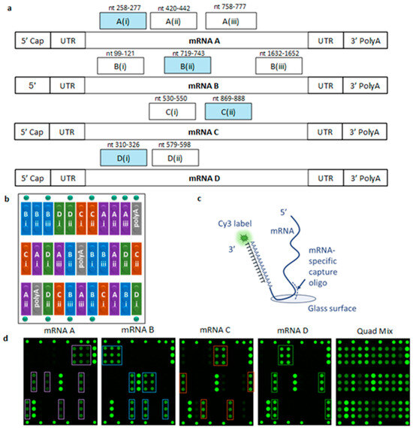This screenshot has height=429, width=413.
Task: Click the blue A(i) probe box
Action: pyautogui.click(x=122, y=21)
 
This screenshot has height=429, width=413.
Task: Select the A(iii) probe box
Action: pyautogui.click(x=227, y=21)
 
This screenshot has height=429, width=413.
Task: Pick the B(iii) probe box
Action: pyautogui.click(x=278, y=67)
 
